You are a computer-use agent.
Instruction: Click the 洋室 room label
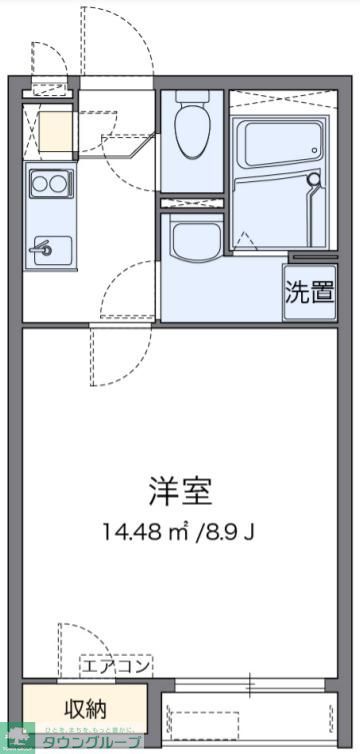pyautogui.click(x=181, y=491)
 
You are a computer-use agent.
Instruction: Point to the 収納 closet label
pyautogui.click(x=86, y=709)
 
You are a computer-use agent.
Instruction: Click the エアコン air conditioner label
pyautogui.click(x=116, y=666)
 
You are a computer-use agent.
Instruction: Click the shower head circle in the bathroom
pyautogui.click(x=315, y=181)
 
